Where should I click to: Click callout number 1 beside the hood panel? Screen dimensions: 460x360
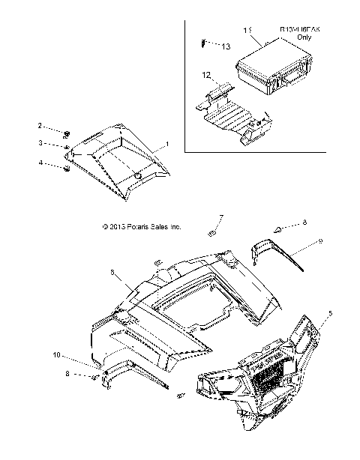[x=166, y=143]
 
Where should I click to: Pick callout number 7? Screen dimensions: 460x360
[x=221, y=218]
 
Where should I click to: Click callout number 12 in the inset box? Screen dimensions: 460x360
[x=205, y=74]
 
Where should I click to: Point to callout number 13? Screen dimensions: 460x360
[x=226, y=46]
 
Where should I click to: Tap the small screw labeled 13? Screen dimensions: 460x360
[x=204, y=44]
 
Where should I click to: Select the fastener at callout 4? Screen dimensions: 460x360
[x=67, y=169]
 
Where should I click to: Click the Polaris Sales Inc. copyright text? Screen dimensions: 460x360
[x=141, y=226]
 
